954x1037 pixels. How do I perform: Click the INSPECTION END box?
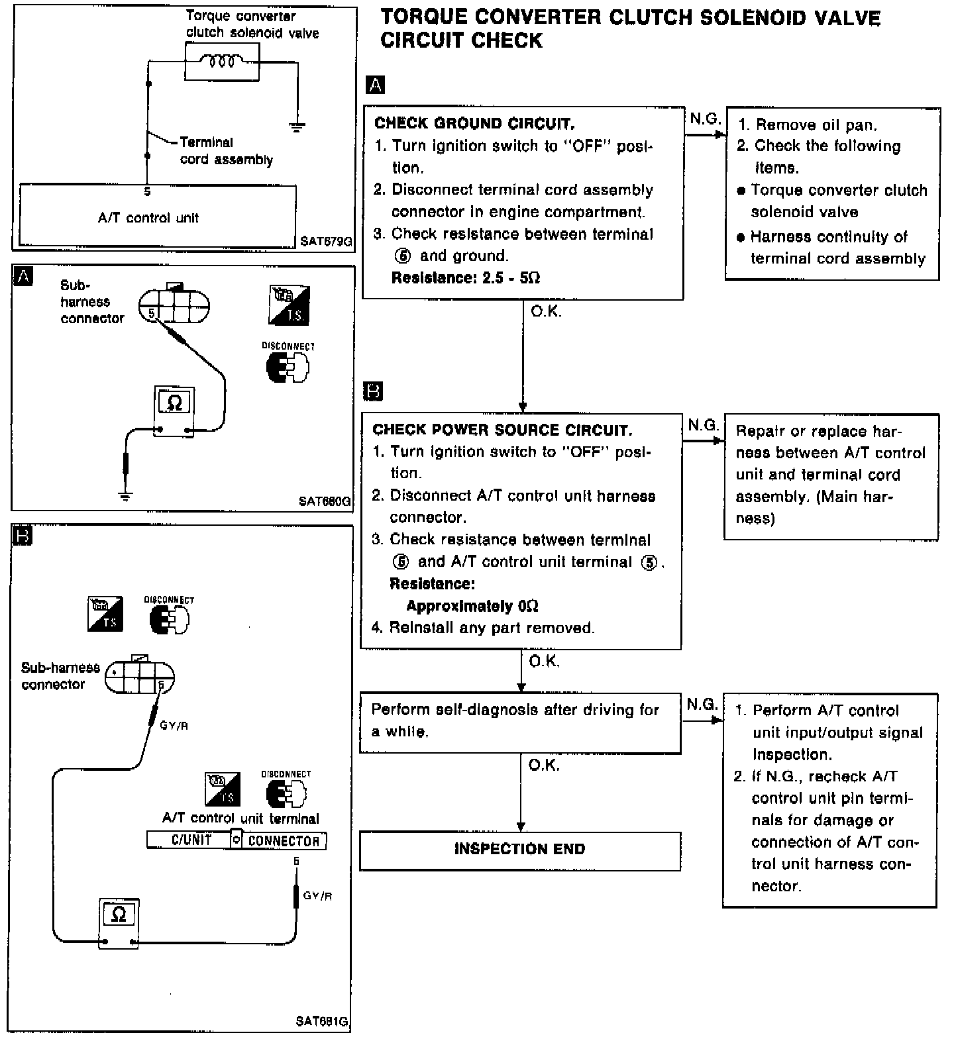point(520,850)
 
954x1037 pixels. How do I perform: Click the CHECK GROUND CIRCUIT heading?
point(474,123)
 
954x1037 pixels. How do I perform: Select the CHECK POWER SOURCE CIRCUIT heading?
point(502,430)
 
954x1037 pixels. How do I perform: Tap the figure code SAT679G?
point(325,242)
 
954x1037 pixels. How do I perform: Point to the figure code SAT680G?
point(325,501)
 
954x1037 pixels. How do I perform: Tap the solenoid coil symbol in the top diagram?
point(222,62)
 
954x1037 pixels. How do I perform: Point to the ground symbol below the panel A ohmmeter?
point(125,495)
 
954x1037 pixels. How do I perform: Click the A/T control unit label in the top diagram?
point(148,218)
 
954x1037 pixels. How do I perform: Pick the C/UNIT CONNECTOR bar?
point(237,840)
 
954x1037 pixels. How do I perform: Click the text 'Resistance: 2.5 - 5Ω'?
point(466,278)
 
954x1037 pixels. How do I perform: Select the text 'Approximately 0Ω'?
point(472,606)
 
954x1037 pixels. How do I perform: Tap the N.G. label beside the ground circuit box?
point(704,119)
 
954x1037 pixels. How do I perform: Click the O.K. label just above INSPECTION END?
point(544,765)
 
